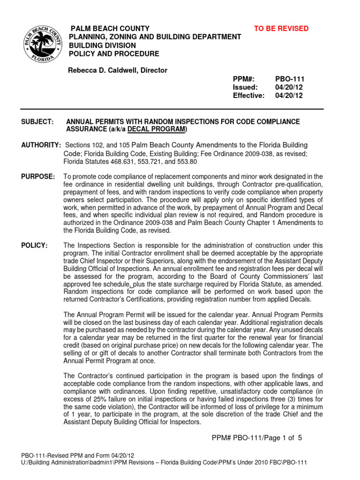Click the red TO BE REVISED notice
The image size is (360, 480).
point(281,29)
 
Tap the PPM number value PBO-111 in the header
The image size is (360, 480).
point(290,79)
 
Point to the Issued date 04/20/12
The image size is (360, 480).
point(289,87)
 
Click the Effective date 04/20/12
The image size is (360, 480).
point(289,96)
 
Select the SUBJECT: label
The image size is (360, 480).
point(38,121)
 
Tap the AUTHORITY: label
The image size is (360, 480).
point(41,145)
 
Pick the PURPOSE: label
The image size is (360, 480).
point(38,176)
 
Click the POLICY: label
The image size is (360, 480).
point(35,245)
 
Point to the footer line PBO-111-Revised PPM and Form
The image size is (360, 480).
point(78,455)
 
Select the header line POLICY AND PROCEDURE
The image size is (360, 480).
point(114,54)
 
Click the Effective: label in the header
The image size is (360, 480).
point(248,96)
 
